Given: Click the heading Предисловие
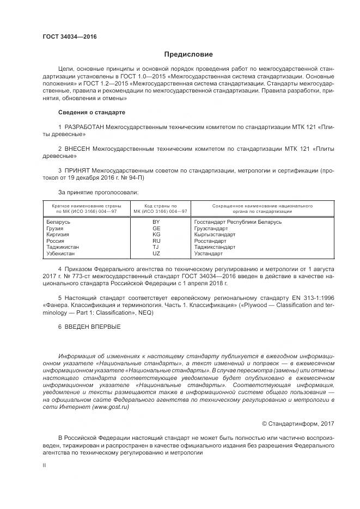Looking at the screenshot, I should click(x=189, y=54).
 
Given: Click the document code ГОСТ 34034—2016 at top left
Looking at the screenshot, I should click(x=69, y=36).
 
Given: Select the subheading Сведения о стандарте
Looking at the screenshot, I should click(x=91, y=112).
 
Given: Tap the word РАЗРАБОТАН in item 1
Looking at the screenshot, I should click(x=84, y=126).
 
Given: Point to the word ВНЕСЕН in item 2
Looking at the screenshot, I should click(x=77, y=148).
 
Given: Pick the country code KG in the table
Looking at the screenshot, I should click(x=156, y=235).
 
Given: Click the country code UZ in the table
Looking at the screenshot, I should click(x=156, y=253).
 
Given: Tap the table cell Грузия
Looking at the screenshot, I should click(x=56, y=229).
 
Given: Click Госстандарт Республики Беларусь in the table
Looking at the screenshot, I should click(x=237, y=223).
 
